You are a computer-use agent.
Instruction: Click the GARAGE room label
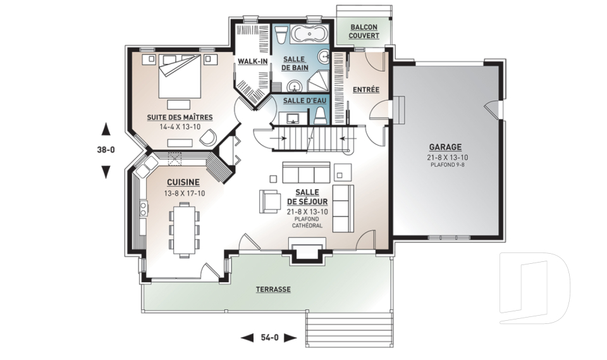(x=445, y=147)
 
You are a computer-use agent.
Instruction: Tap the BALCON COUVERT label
(x=364, y=32)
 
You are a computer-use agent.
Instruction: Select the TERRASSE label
(x=273, y=290)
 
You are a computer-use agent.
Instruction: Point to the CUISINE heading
(x=183, y=182)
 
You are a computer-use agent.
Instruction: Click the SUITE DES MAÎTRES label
(x=180, y=117)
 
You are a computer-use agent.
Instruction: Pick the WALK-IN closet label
(x=252, y=61)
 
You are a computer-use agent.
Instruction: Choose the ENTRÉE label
(x=366, y=89)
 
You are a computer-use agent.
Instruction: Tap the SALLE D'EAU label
(x=305, y=101)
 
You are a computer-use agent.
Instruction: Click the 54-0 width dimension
(x=269, y=337)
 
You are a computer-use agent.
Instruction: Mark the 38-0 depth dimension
(x=106, y=149)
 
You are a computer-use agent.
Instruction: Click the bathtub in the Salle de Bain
(x=309, y=34)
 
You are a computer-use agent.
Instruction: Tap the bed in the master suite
(x=180, y=76)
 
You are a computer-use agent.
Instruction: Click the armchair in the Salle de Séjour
(x=269, y=201)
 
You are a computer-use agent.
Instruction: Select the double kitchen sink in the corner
(x=145, y=166)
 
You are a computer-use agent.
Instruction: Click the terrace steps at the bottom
(x=349, y=330)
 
